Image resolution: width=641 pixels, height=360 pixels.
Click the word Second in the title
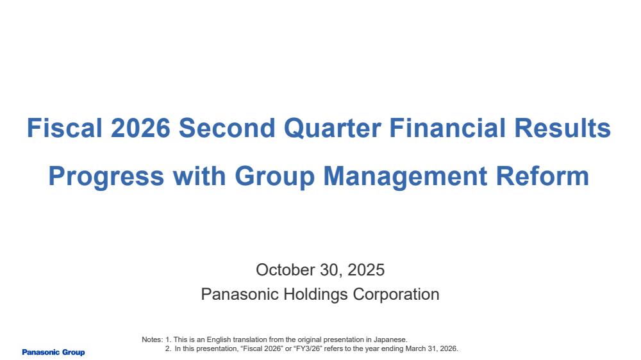(227, 128)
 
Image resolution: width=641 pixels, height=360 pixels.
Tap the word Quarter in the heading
(332, 128)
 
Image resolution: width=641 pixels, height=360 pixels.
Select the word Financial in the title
(447, 128)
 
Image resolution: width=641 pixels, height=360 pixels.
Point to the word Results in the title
(563, 128)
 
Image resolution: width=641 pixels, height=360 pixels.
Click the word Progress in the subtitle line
(106, 177)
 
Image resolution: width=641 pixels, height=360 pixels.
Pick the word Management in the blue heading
(405, 177)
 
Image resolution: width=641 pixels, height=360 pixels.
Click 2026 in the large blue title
(140, 128)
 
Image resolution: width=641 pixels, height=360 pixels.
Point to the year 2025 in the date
(366, 270)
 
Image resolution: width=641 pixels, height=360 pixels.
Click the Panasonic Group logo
(54, 352)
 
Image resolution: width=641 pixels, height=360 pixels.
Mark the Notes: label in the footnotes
(152, 340)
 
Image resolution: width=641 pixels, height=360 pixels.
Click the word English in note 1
(219, 340)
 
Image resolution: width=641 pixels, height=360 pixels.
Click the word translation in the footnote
(250, 340)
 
